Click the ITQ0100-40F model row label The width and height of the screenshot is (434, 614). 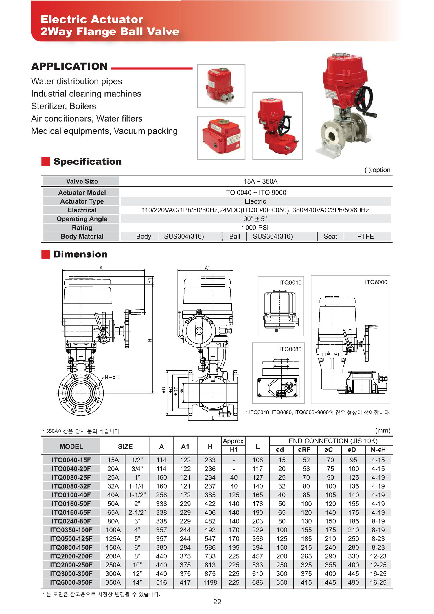(x=71, y=495)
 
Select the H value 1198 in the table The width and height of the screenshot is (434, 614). (x=210, y=582)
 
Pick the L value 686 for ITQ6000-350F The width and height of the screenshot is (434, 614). (x=257, y=582)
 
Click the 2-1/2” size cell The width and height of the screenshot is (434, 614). (x=137, y=512)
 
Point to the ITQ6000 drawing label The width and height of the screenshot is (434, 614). (x=376, y=282)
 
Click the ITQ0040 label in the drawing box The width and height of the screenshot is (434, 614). (x=290, y=282)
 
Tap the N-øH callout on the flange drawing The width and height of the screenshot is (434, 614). (x=112, y=377)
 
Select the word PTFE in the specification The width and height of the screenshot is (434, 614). (x=365, y=236)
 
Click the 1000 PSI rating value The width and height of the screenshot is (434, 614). (x=255, y=228)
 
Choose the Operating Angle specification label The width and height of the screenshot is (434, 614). (x=82, y=219)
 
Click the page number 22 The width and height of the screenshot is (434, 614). (x=217, y=602)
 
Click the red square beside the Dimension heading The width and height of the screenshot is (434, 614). (x=46, y=254)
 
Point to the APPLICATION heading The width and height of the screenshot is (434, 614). (x=69, y=66)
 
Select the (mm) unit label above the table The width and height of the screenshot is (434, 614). (x=383, y=430)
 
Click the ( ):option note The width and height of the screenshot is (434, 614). (x=377, y=170)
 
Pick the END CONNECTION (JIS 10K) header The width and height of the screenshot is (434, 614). (x=333, y=441)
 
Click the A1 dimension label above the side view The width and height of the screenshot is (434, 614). (x=207, y=268)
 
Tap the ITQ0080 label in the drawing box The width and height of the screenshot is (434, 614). (x=290, y=349)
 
